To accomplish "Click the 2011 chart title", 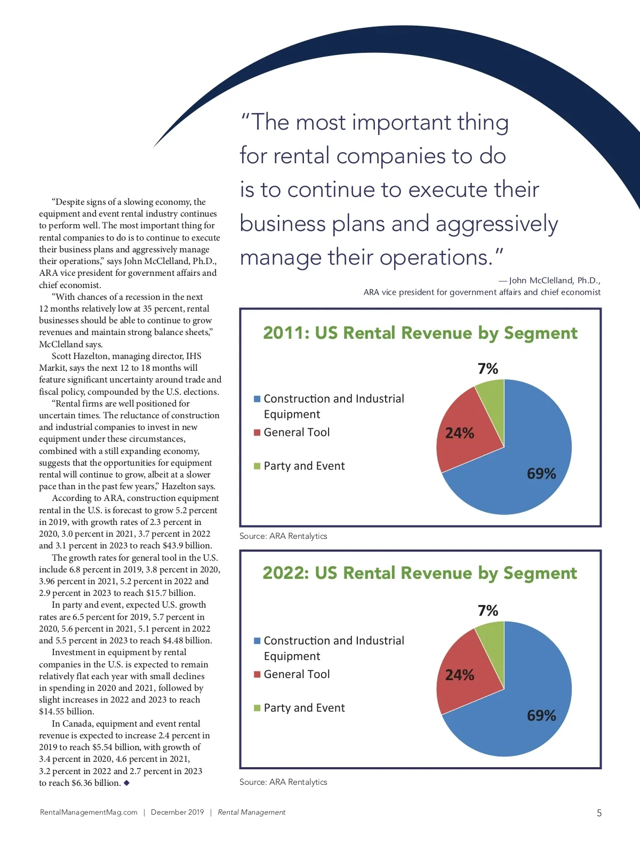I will click(x=420, y=333).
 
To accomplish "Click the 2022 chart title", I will click(x=420, y=573).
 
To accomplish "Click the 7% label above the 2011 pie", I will click(x=487, y=369).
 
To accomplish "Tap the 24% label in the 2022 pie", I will click(x=459, y=675).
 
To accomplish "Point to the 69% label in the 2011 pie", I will click(x=541, y=474).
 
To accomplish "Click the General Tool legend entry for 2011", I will click(x=297, y=432).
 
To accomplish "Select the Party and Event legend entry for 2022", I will click(x=304, y=708).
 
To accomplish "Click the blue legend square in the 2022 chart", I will click(x=257, y=641).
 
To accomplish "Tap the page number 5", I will click(x=599, y=813).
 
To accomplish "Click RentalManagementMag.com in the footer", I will click(x=89, y=812).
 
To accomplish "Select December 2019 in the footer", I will click(x=177, y=812).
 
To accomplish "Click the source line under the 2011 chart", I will click(x=283, y=536).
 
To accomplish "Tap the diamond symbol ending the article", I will click(x=126, y=783).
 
